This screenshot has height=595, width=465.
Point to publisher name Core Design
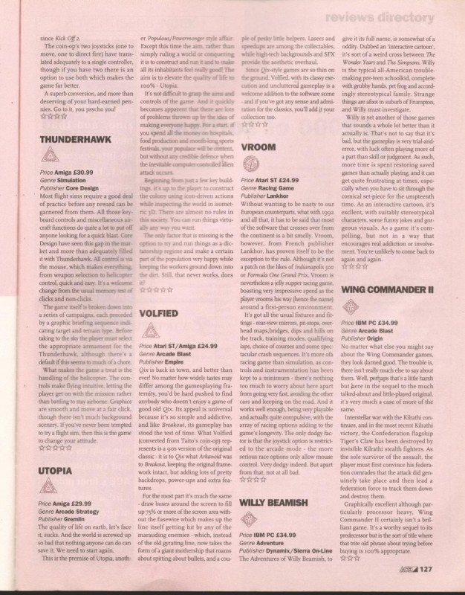click(x=97, y=189)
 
